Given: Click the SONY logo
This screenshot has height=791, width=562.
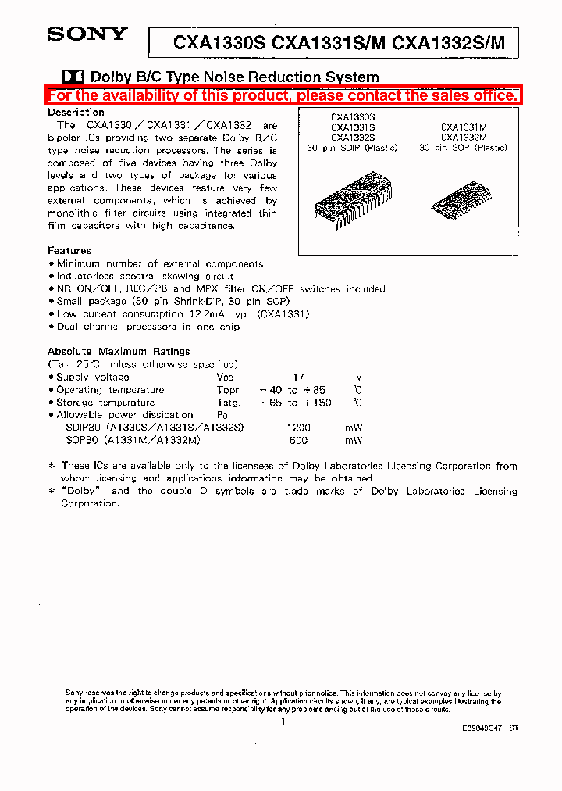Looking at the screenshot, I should pyautogui.click(x=87, y=34).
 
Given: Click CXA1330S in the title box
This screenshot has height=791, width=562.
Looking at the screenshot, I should pyautogui.click(x=220, y=44).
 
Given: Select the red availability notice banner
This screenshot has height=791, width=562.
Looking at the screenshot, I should pyautogui.click(x=283, y=96).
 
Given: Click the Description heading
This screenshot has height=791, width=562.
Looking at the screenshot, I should pyautogui.click(x=76, y=112).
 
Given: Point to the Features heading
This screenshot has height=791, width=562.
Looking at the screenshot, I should pyautogui.click(x=69, y=251).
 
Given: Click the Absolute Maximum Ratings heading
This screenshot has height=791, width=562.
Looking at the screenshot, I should pyautogui.click(x=118, y=352).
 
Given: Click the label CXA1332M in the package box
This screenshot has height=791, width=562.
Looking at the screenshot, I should pyautogui.click(x=464, y=137).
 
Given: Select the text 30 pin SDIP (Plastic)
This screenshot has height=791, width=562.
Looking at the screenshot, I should pyautogui.click(x=352, y=147).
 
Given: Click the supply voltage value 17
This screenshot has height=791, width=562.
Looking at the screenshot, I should pyautogui.click(x=298, y=377).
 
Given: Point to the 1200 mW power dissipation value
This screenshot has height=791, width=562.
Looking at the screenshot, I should pyautogui.click(x=298, y=428).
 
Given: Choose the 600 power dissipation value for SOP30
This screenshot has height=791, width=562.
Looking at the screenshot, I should pyautogui.click(x=298, y=440).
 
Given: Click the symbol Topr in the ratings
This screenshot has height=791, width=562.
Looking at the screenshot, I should pyautogui.click(x=229, y=390).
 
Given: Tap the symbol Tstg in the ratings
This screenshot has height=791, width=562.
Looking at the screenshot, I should pyautogui.click(x=228, y=403).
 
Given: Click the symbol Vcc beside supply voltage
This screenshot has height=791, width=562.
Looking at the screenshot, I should pyautogui.click(x=226, y=377).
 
